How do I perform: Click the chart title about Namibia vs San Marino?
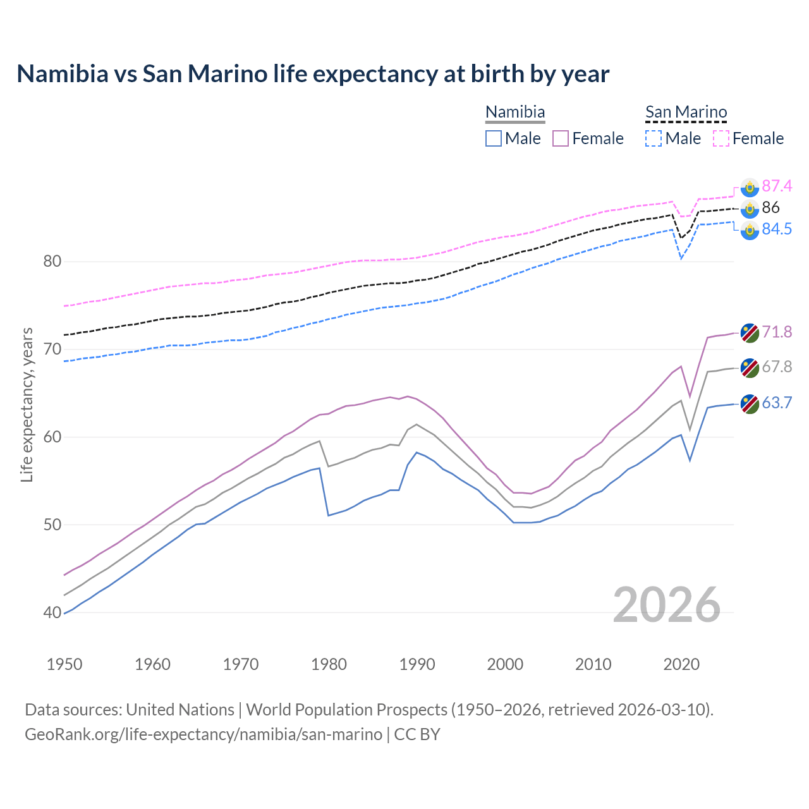313,74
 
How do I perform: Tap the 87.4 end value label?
776,186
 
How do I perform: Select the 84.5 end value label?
776,229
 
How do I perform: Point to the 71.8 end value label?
776,332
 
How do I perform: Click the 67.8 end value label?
776,367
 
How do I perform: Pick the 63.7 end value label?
776,403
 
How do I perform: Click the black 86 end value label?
770,207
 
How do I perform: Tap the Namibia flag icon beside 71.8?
750,332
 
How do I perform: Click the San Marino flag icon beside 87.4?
750,187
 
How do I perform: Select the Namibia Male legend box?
494,138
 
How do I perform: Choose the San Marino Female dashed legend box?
721,138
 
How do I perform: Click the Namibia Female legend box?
561,138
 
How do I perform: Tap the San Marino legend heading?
686,112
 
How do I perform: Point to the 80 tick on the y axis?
52,261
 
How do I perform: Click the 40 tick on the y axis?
52,612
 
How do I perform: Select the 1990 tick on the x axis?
417,664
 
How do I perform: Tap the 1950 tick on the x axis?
64,664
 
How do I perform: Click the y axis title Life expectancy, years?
27,404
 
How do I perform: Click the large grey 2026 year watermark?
666,605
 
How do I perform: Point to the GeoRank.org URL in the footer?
204,734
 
